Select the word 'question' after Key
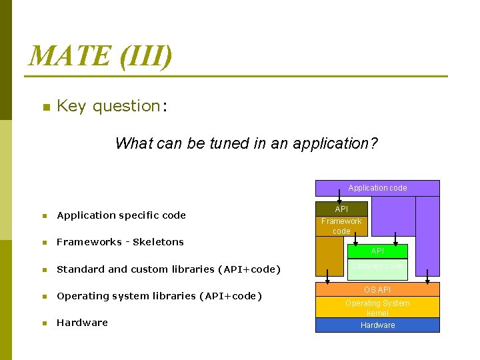click(x=125, y=106)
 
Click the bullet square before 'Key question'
click(x=45, y=107)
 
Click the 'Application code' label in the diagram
click(x=377, y=188)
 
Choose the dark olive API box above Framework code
click(x=341, y=209)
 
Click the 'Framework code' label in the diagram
click(x=341, y=226)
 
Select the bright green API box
click(x=377, y=251)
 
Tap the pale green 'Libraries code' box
click(x=377, y=267)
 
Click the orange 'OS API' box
click(x=377, y=289)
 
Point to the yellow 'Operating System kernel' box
click(x=377, y=307)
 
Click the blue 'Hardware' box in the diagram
click(x=377, y=325)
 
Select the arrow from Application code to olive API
click(x=341, y=199)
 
